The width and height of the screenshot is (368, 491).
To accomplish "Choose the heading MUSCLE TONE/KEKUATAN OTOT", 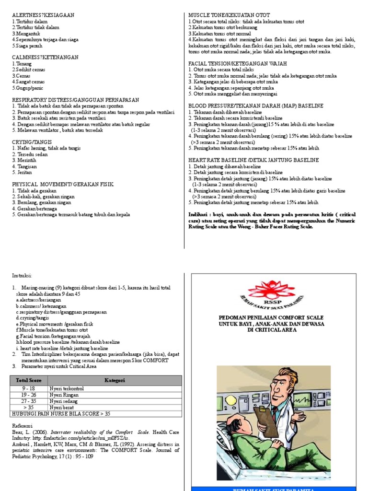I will (x=229, y=15).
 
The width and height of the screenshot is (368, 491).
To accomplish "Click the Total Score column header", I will (x=29, y=380).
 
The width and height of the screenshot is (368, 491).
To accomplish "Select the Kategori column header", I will (x=115, y=380).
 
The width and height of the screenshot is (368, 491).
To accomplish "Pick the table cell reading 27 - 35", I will (x=29, y=401).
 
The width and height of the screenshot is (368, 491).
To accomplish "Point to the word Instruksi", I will (x=22, y=276).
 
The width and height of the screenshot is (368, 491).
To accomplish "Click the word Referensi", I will (x=23, y=425).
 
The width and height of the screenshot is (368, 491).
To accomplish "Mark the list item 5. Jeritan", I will (x=23, y=172).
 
